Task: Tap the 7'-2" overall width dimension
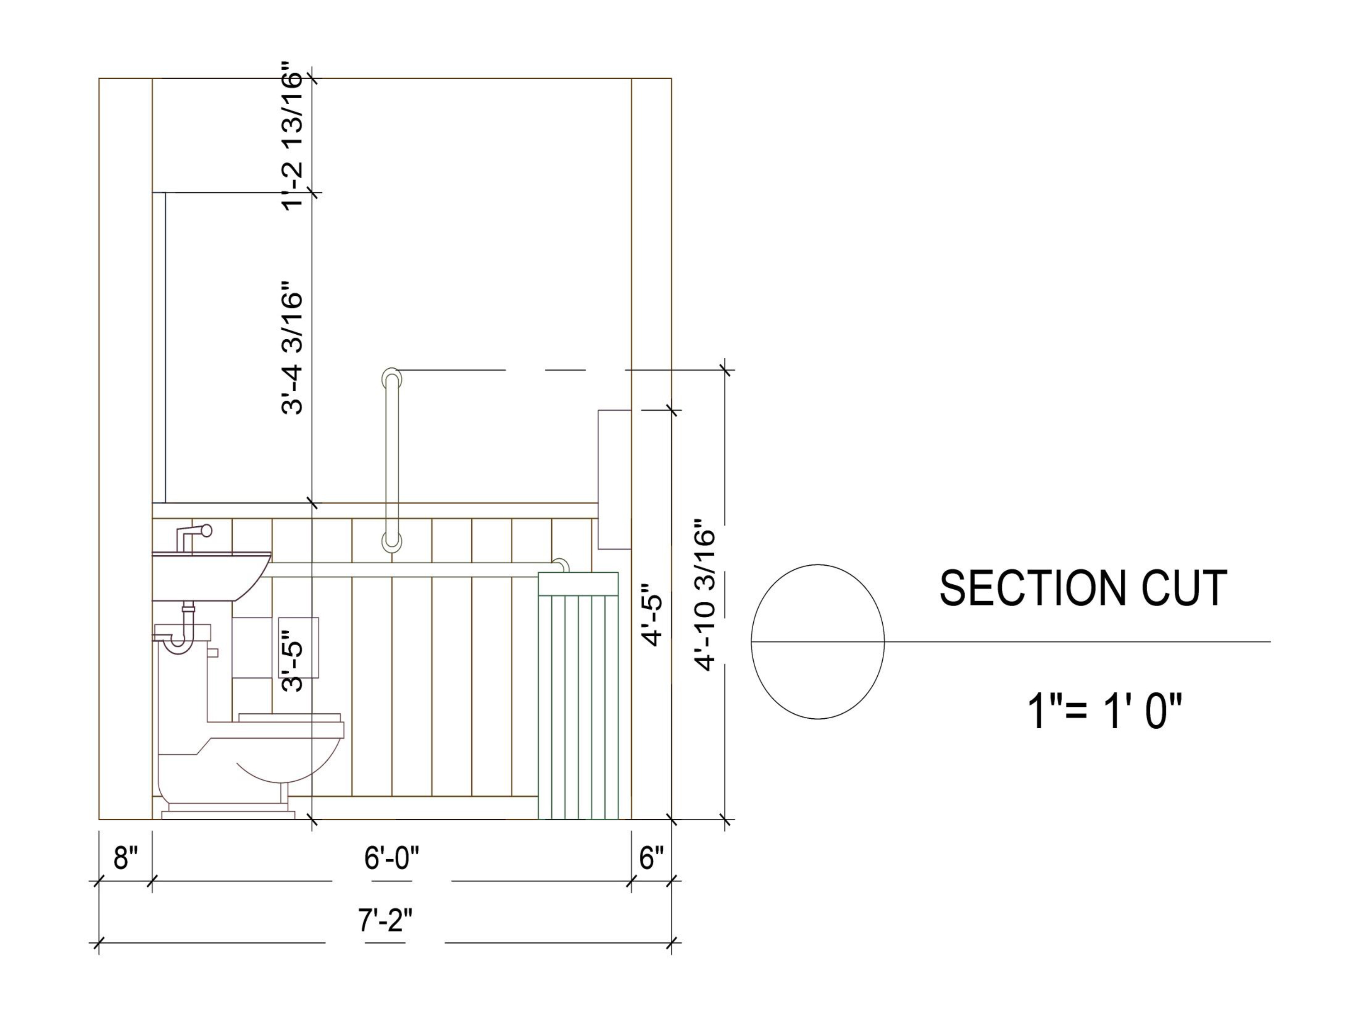pyautogui.click(x=385, y=919)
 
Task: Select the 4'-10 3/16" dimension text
pyautogui.click(x=705, y=596)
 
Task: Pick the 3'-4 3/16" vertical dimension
pyautogui.click(x=292, y=348)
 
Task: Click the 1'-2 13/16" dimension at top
pyautogui.click(x=292, y=135)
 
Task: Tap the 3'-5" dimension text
pyautogui.click(x=292, y=667)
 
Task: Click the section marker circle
pyautogui.click(x=817, y=641)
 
